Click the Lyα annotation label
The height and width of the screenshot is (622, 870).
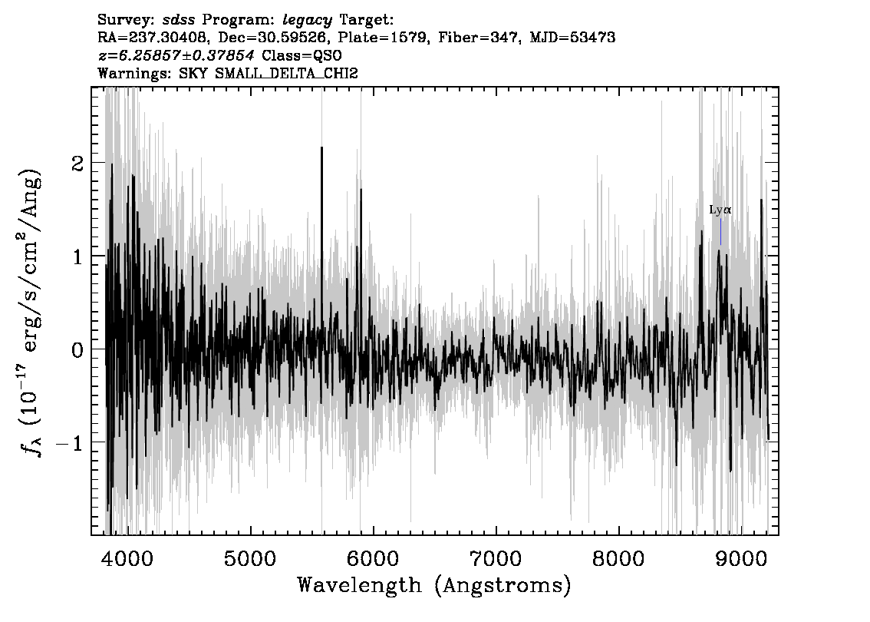(720, 210)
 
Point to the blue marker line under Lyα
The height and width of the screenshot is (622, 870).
(720, 232)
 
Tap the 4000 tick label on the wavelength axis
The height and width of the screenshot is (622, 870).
(127, 558)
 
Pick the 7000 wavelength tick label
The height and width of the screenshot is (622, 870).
(495, 558)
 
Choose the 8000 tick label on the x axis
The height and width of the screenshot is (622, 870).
(618, 558)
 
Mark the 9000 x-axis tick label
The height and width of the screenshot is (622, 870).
(740, 558)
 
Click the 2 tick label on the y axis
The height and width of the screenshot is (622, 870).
(78, 164)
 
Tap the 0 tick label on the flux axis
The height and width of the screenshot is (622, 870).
(78, 350)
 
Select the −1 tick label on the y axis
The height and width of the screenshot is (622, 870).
(71, 443)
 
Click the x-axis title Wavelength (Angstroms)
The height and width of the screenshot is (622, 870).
(434, 585)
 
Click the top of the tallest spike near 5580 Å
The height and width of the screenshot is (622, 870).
(321, 147)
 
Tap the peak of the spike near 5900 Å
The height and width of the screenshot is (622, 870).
(361, 190)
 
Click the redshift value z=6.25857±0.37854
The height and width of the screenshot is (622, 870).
(176, 55)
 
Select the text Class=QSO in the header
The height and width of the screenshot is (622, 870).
(302, 55)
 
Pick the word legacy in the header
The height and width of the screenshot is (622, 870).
(308, 21)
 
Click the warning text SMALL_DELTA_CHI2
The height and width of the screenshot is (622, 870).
(286, 73)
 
